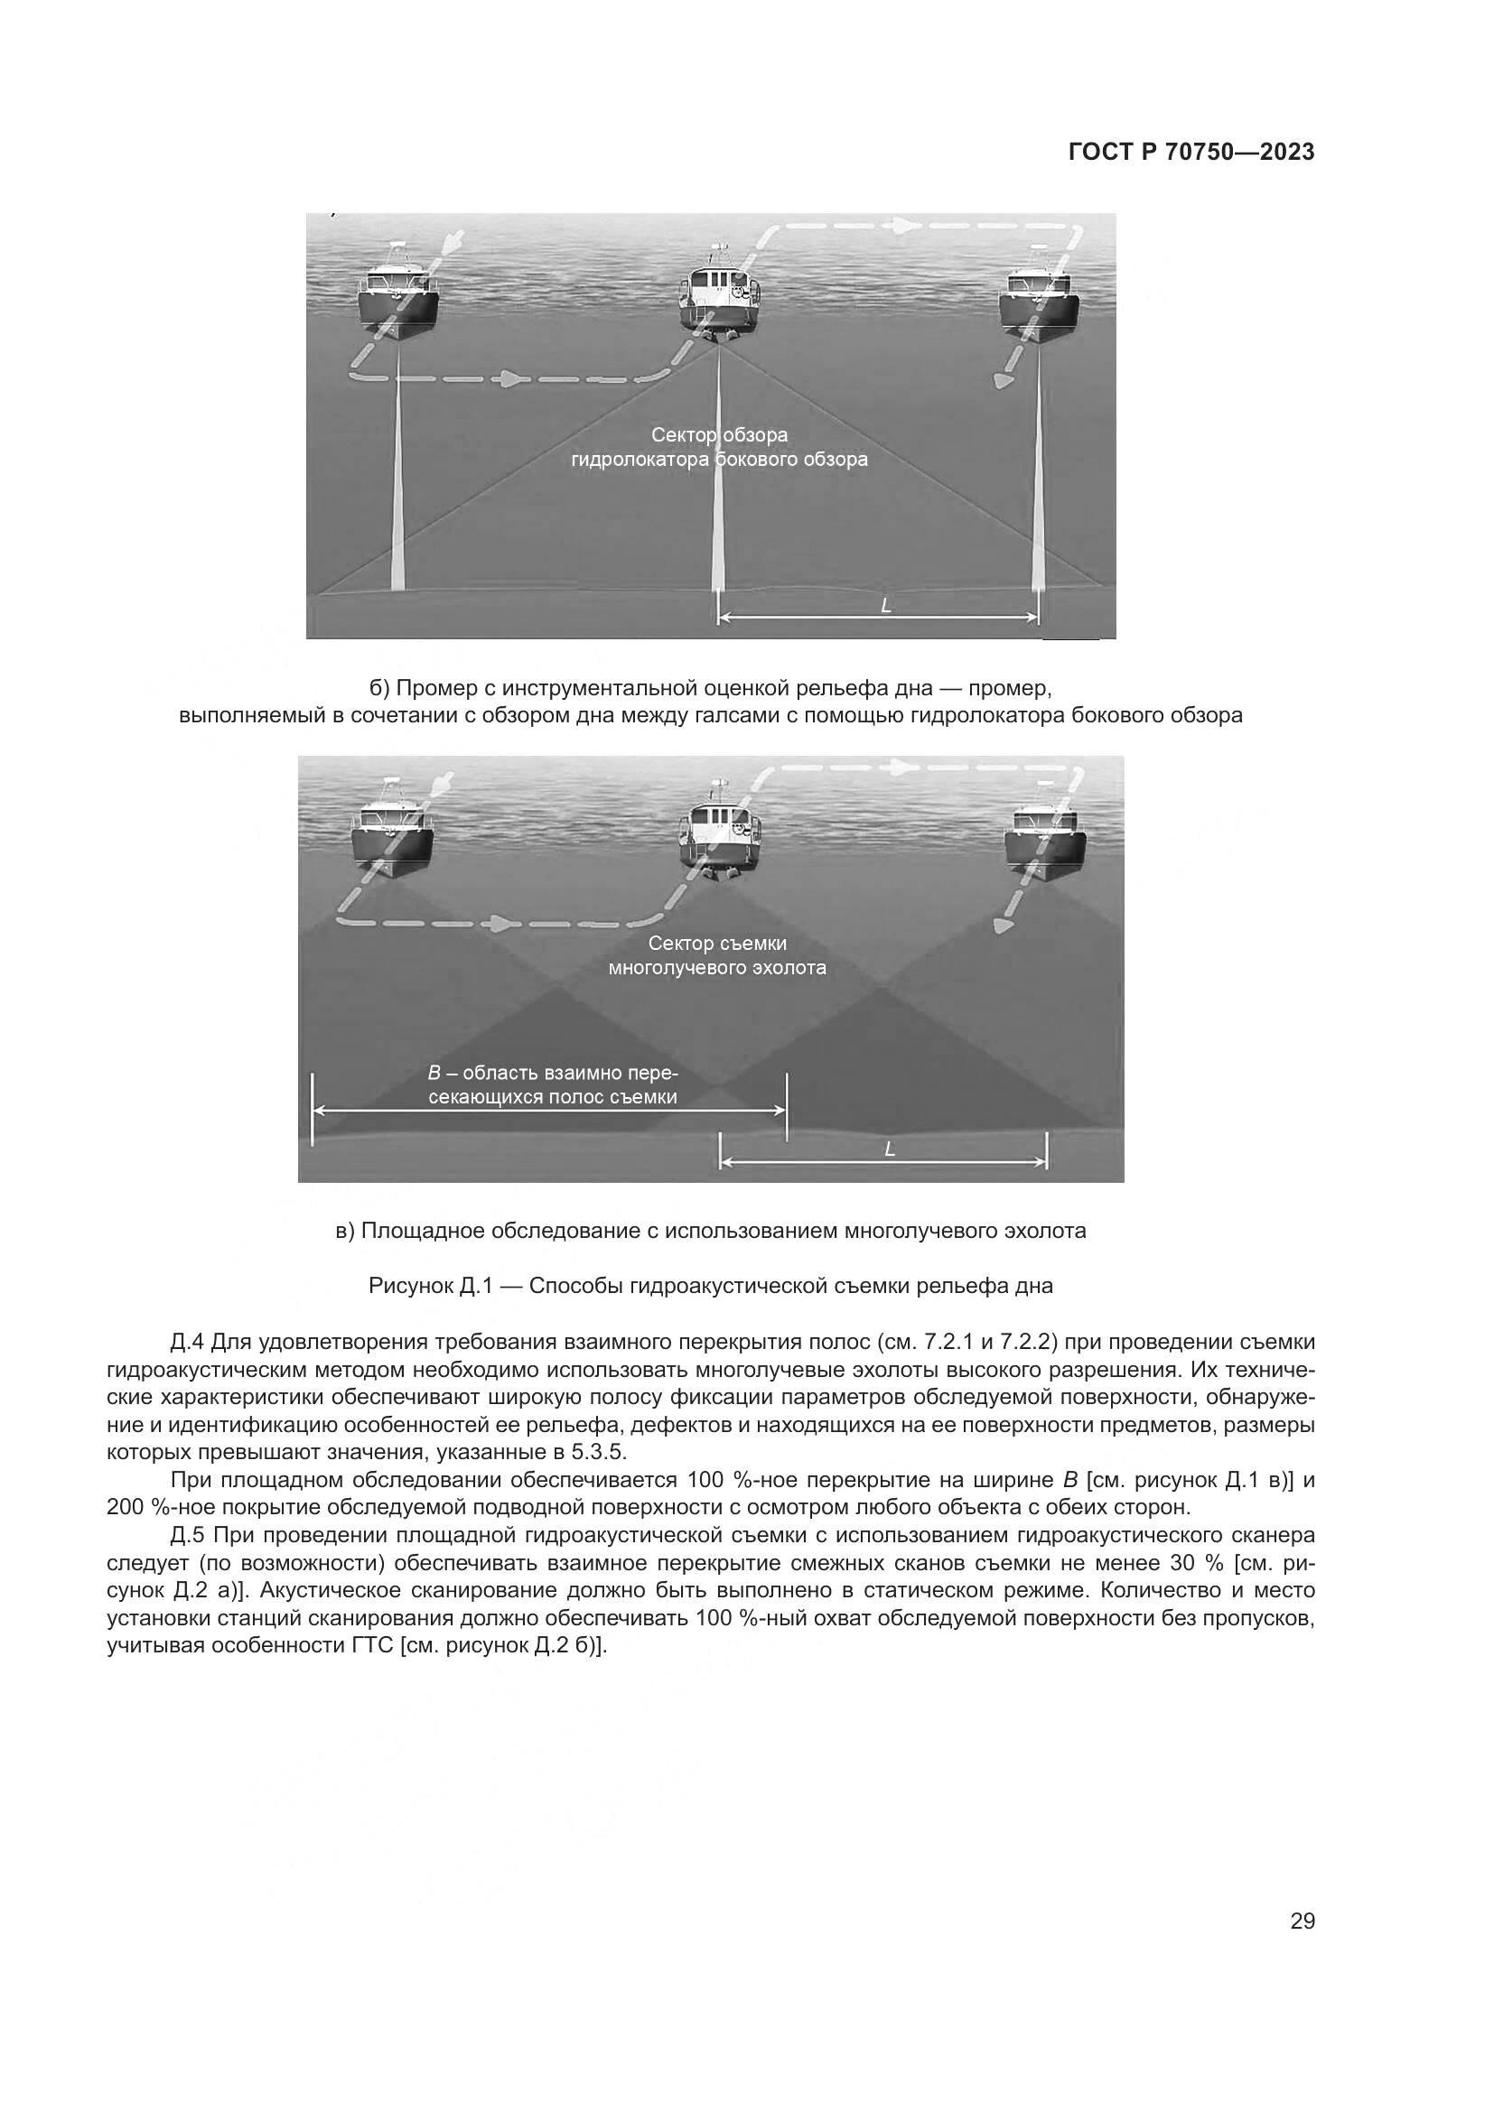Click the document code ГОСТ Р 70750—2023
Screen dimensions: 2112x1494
tap(1191, 153)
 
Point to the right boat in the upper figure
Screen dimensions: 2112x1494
tap(1039, 296)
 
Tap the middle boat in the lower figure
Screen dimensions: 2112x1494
tap(724, 833)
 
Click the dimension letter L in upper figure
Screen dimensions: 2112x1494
tap(886, 606)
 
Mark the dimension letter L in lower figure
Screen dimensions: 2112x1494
tap(889, 1149)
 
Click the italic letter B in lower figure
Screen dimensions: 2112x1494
tap(435, 1074)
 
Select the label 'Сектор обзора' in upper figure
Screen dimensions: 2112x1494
tap(719, 434)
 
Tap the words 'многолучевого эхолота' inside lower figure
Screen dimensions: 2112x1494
tap(716, 968)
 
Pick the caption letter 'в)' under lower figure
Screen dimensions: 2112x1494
tap(345, 1231)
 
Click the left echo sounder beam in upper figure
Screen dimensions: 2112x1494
tap(397, 479)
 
